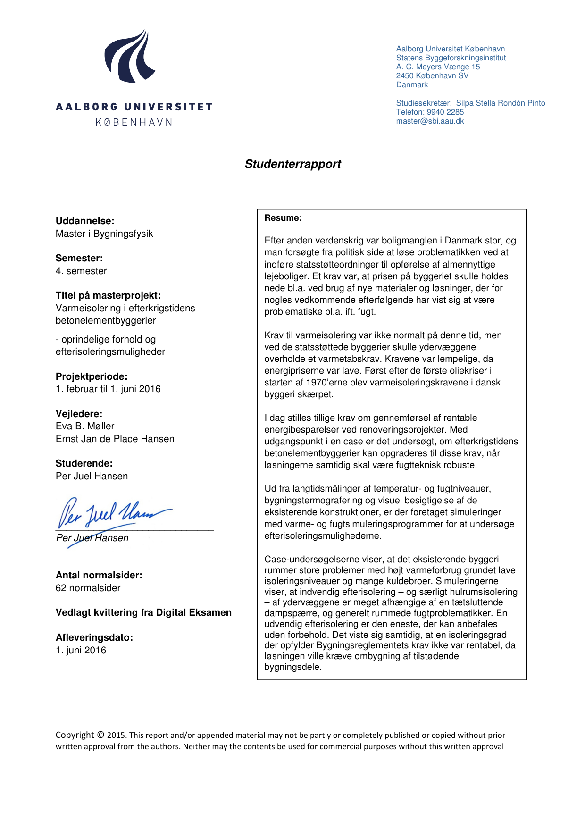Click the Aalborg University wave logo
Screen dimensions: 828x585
(x=130, y=57)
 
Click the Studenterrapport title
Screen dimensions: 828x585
(x=292, y=164)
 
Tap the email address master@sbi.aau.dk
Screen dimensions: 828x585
(x=430, y=121)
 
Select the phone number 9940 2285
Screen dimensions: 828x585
(x=445, y=112)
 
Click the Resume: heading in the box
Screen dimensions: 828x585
(x=283, y=218)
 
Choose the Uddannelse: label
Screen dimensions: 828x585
(x=85, y=221)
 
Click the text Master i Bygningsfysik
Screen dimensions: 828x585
(x=104, y=234)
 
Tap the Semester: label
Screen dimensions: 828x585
(x=79, y=258)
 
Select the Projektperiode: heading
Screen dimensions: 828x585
(x=92, y=376)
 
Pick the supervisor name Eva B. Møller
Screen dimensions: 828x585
(x=85, y=426)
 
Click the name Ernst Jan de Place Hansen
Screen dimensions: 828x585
(x=115, y=439)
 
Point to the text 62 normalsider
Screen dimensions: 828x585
(x=88, y=588)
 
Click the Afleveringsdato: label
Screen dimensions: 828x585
(x=94, y=637)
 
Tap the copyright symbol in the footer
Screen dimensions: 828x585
(x=100, y=735)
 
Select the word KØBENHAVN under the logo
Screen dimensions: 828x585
(x=134, y=123)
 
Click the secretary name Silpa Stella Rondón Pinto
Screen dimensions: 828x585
(x=500, y=103)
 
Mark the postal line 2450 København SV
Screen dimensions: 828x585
(x=432, y=76)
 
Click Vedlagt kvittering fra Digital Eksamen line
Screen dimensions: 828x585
(x=143, y=612)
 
